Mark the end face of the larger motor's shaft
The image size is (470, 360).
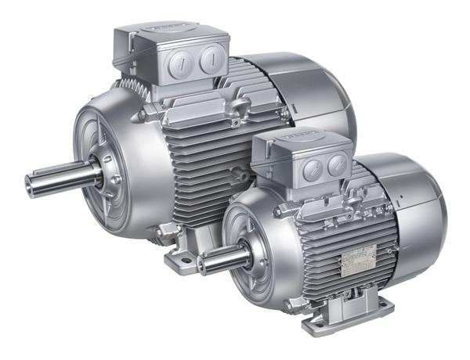(x=30, y=185)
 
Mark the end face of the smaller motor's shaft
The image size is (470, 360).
(x=201, y=265)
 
